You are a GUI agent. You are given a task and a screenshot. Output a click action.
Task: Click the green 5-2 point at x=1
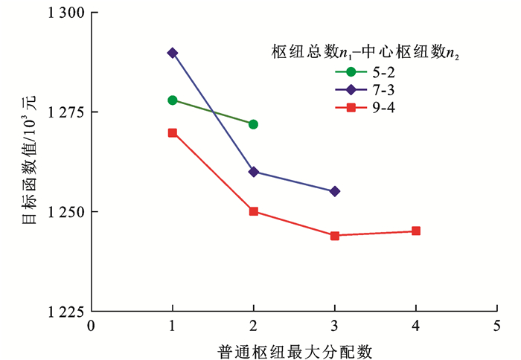173,100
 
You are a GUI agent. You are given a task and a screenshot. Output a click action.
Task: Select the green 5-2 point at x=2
254,124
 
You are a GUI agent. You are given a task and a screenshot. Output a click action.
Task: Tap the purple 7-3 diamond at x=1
173,53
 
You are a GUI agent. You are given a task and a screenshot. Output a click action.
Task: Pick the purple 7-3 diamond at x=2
254,172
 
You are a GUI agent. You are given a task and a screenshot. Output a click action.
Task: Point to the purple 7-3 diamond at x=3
335,191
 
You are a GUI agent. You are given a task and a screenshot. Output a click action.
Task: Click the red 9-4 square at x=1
173,132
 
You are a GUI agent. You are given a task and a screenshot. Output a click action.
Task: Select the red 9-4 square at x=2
254,211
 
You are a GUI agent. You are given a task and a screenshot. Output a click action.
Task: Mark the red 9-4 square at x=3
335,236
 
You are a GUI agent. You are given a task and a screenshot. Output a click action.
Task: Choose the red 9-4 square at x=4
416,231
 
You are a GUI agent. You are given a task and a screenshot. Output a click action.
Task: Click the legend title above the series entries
362,51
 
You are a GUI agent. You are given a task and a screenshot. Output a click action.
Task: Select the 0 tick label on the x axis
92,325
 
